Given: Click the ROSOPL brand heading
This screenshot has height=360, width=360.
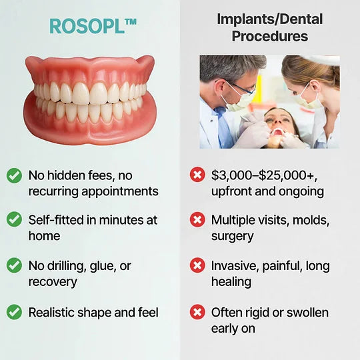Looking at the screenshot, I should point(93,27).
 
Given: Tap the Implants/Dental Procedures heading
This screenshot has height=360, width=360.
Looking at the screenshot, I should point(269,27).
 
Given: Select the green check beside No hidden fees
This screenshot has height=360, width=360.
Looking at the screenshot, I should point(14,175).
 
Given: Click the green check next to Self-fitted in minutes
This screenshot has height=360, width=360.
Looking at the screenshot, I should point(14,219).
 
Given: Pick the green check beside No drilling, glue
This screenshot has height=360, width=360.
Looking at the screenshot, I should point(14,265).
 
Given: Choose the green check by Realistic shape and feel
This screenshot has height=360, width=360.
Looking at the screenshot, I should point(14,311).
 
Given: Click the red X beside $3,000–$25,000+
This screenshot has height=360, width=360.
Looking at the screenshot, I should point(197,175).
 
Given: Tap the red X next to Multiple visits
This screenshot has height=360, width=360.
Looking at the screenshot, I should point(197,219).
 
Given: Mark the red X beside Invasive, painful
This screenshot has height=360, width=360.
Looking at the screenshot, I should point(197,265).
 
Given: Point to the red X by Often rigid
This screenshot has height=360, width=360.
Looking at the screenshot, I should point(197,311).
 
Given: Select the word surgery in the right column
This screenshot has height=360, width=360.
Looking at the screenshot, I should point(233,236).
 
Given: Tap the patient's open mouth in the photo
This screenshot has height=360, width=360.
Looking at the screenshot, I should point(277,132).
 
